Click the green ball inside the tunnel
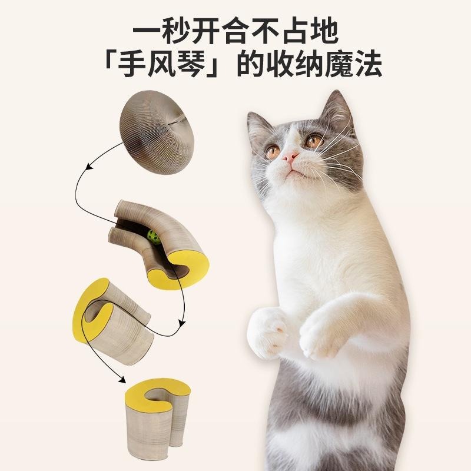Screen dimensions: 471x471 click(154, 237)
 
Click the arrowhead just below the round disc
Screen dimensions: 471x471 click(88, 167)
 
